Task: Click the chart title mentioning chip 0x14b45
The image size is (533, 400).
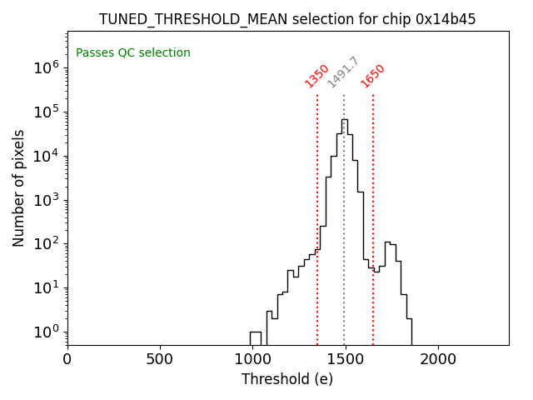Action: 287,19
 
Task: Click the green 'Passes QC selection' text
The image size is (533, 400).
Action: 133,53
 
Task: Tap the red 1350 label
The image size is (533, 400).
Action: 317,76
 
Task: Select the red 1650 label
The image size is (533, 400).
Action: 373,76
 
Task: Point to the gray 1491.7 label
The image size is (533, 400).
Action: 343,72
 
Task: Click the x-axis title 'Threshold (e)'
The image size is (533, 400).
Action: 287,379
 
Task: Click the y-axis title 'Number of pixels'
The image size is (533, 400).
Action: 19,187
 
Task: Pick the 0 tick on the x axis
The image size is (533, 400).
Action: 67,359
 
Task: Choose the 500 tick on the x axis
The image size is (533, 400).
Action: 160,359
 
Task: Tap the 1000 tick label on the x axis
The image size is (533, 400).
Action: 252,359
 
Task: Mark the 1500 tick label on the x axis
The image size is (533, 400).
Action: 346,359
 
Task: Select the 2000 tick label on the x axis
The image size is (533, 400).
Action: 438,359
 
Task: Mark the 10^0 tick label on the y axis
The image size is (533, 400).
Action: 45,332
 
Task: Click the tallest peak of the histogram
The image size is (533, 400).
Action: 345,120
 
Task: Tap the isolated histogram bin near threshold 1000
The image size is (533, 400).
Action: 256,337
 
